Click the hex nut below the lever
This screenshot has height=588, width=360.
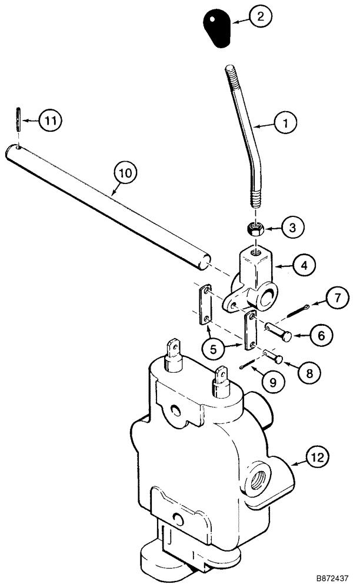pos(255,228)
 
